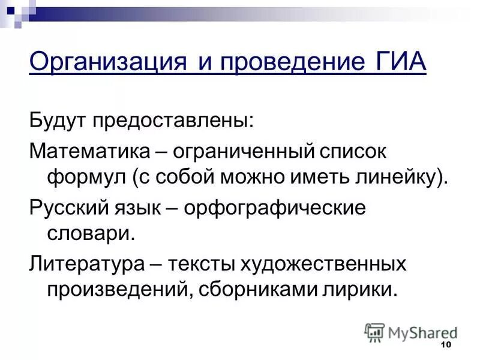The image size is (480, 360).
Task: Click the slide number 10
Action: [445, 344]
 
